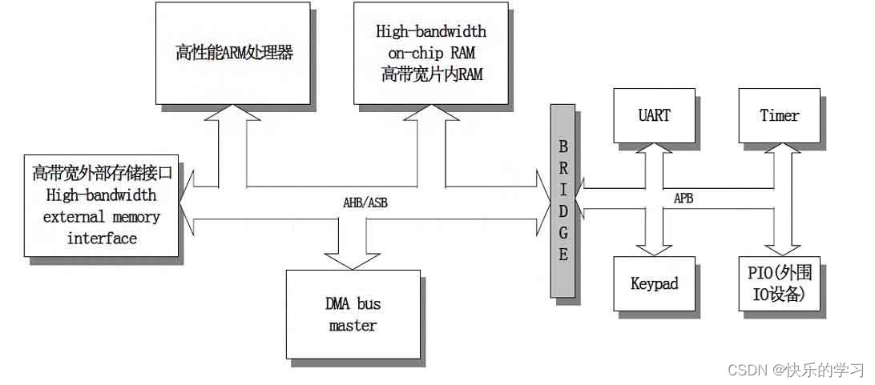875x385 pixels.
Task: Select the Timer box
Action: pyautogui.click(x=779, y=114)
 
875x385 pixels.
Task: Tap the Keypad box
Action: pyautogui.click(x=654, y=283)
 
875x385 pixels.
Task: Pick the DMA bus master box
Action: pyautogui.click(x=353, y=314)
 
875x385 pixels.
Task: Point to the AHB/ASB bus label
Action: pyautogui.click(x=363, y=203)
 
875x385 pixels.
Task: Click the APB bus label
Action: pyautogui.click(x=683, y=197)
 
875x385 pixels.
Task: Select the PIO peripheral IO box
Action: pyautogui.click(x=779, y=283)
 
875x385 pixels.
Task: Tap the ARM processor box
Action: pyautogui.click(x=234, y=54)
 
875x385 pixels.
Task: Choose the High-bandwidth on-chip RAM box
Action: pyautogui.click(x=431, y=54)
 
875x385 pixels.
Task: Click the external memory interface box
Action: pyautogui.click(x=102, y=205)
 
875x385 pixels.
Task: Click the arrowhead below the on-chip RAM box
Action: pyautogui.click(x=425, y=116)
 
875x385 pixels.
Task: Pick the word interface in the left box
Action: pyautogui.click(x=102, y=238)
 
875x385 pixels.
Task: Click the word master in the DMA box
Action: pyautogui.click(x=353, y=326)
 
